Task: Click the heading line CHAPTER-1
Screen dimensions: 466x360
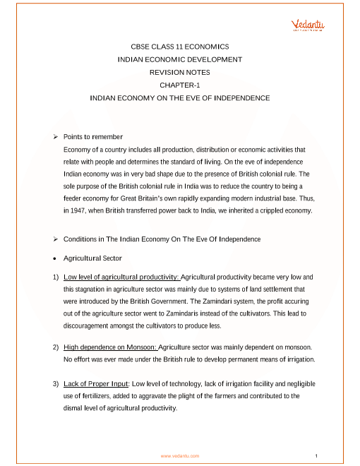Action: [x=180, y=85]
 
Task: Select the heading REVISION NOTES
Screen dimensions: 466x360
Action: [x=180, y=72]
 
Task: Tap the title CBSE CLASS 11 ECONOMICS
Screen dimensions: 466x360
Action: [x=180, y=46]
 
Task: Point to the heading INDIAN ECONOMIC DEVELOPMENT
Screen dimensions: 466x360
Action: [x=180, y=59]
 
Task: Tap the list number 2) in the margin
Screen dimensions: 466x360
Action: [x=56, y=348]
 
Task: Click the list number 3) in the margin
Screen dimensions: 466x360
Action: [x=56, y=384]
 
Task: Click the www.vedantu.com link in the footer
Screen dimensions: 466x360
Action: [x=180, y=456]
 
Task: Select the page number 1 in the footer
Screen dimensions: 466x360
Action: [x=318, y=455]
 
